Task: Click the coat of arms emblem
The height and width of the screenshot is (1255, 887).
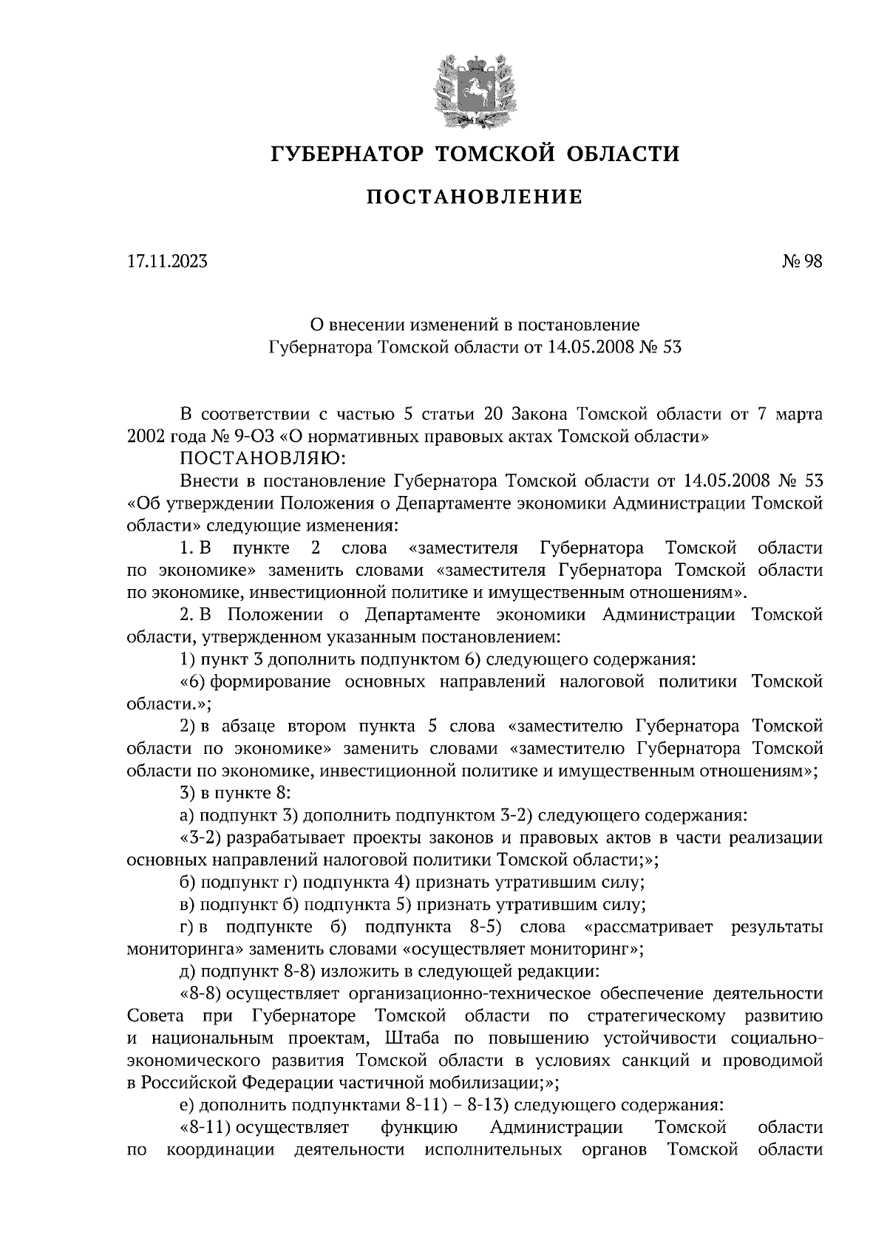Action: click(x=473, y=88)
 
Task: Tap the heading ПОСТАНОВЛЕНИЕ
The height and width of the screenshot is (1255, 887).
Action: click(x=475, y=197)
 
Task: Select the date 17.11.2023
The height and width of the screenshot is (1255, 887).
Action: click(x=167, y=261)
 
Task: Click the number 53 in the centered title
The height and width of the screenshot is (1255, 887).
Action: click(x=670, y=346)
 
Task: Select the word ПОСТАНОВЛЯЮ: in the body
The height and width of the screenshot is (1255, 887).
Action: click(x=262, y=459)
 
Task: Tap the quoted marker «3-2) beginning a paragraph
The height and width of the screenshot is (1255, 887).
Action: click(x=202, y=838)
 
